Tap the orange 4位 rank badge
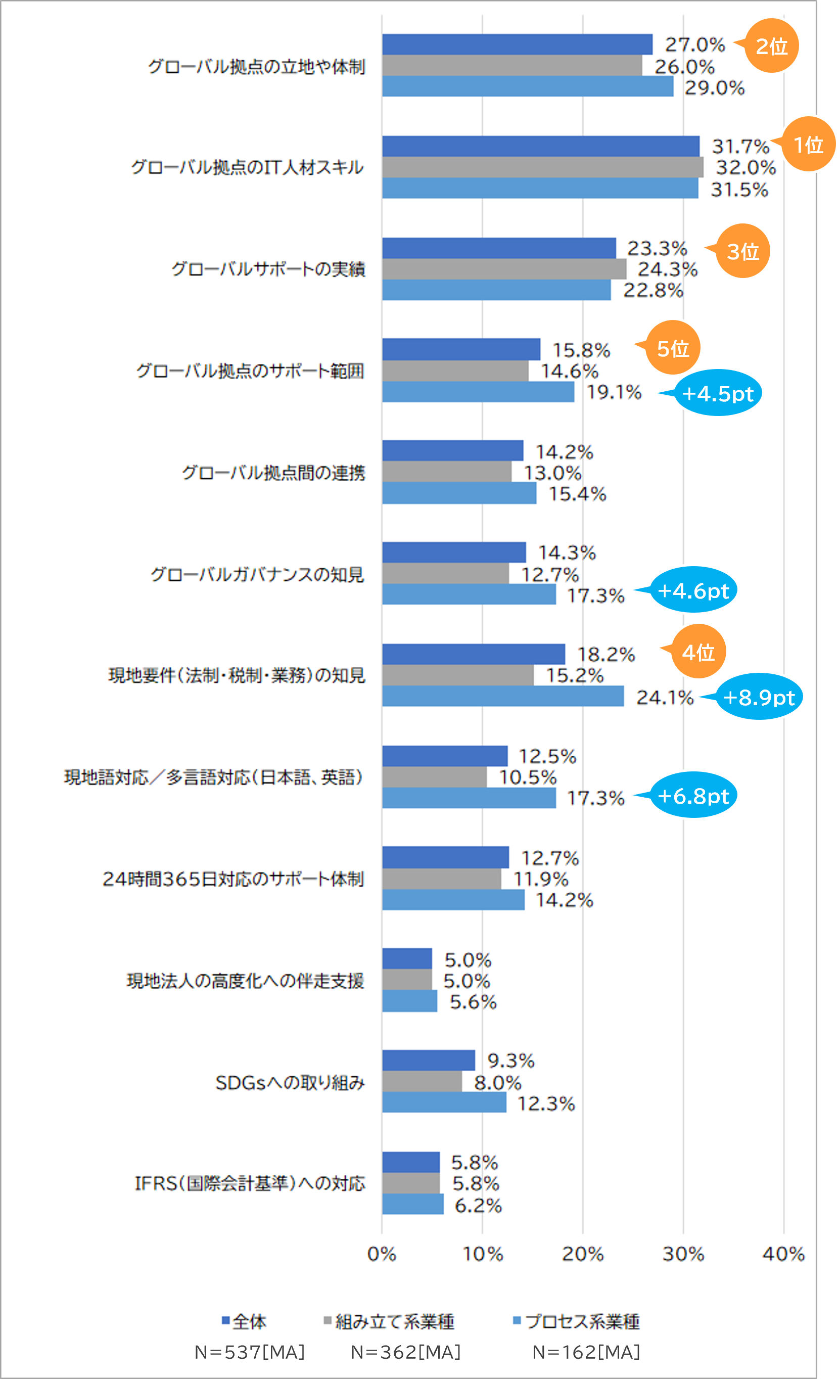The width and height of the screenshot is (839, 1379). coord(698,652)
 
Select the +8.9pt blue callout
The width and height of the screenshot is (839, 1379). coord(759,697)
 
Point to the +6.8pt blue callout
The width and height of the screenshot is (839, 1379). coord(693,795)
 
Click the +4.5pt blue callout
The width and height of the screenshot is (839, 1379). coord(718,393)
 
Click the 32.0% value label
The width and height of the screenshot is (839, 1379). coord(745,167)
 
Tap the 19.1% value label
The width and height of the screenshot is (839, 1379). coord(614,392)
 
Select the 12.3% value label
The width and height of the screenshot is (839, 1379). coord(546,1104)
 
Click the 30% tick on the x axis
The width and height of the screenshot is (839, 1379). coord(683,1254)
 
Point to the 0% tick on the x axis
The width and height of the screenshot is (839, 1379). coord(382,1254)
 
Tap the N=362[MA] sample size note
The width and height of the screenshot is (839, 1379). coord(405,1352)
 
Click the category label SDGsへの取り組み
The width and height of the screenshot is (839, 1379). coord(290,1083)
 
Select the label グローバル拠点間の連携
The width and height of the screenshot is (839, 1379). coord(273,473)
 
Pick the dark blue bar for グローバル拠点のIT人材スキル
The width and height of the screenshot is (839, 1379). coord(541,146)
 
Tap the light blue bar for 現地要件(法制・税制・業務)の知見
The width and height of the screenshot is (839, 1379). coord(502,696)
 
